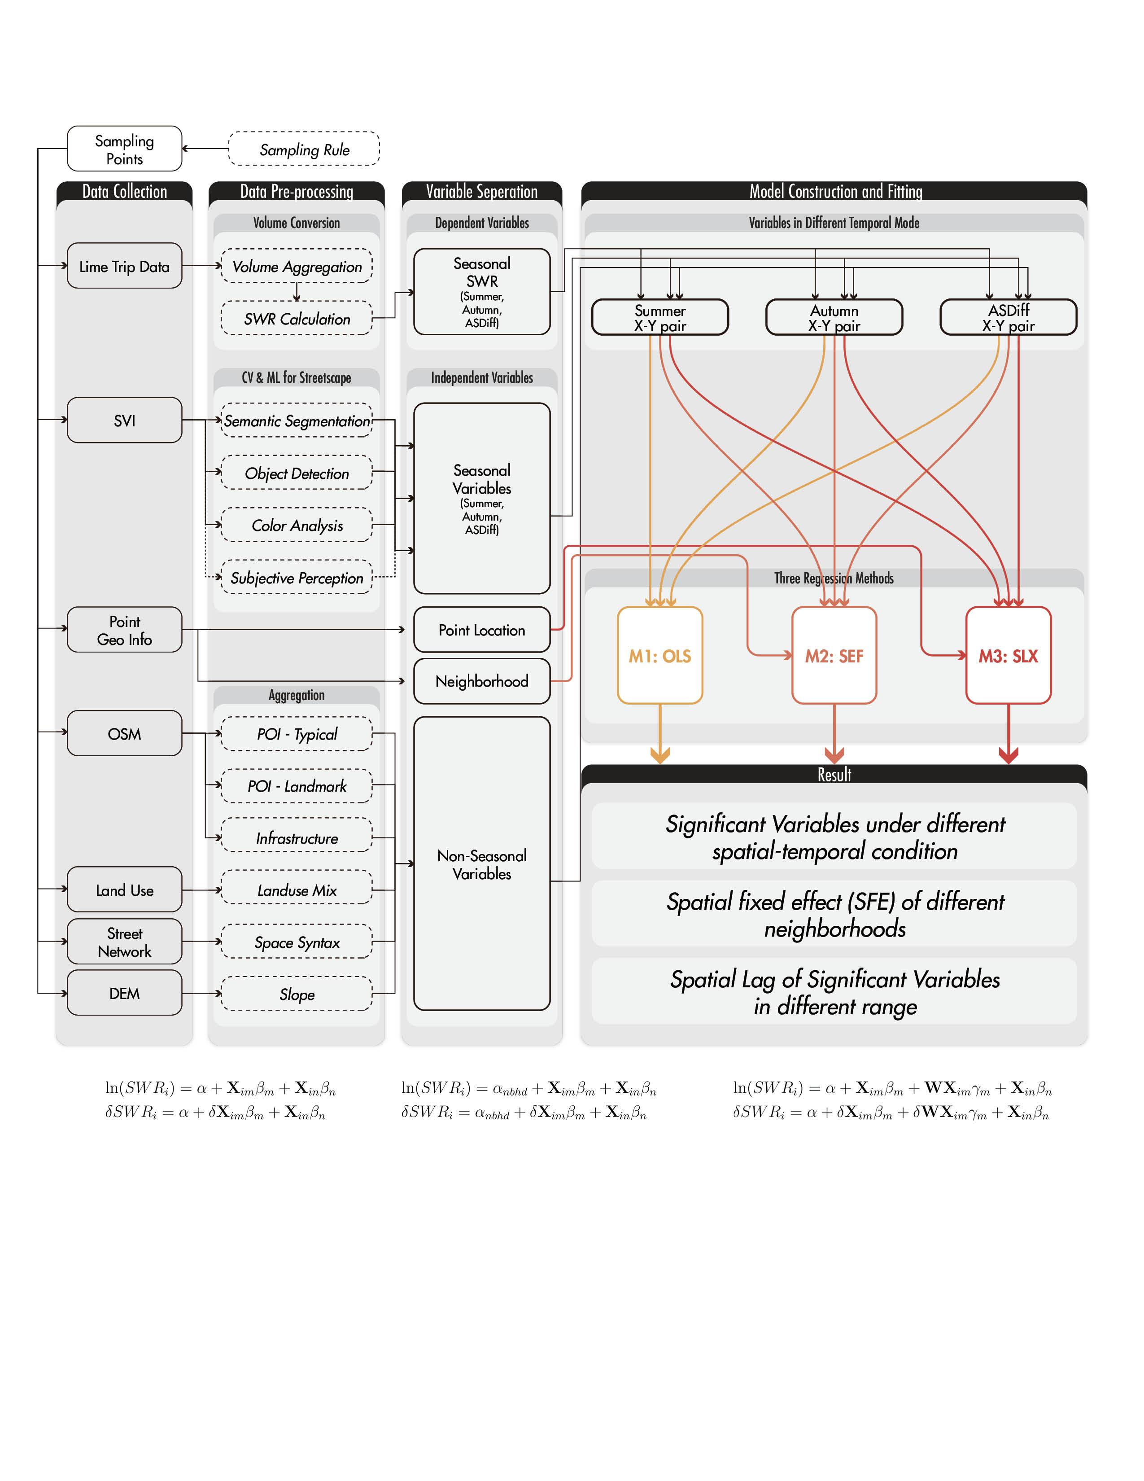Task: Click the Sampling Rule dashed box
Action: (x=304, y=149)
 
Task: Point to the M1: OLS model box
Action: (x=659, y=655)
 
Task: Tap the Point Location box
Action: (x=481, y=630)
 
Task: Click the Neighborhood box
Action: (x=481, y=681)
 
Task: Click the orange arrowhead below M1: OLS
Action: (x=659, y=755)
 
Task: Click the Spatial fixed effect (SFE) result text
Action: (x=834, y=914)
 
